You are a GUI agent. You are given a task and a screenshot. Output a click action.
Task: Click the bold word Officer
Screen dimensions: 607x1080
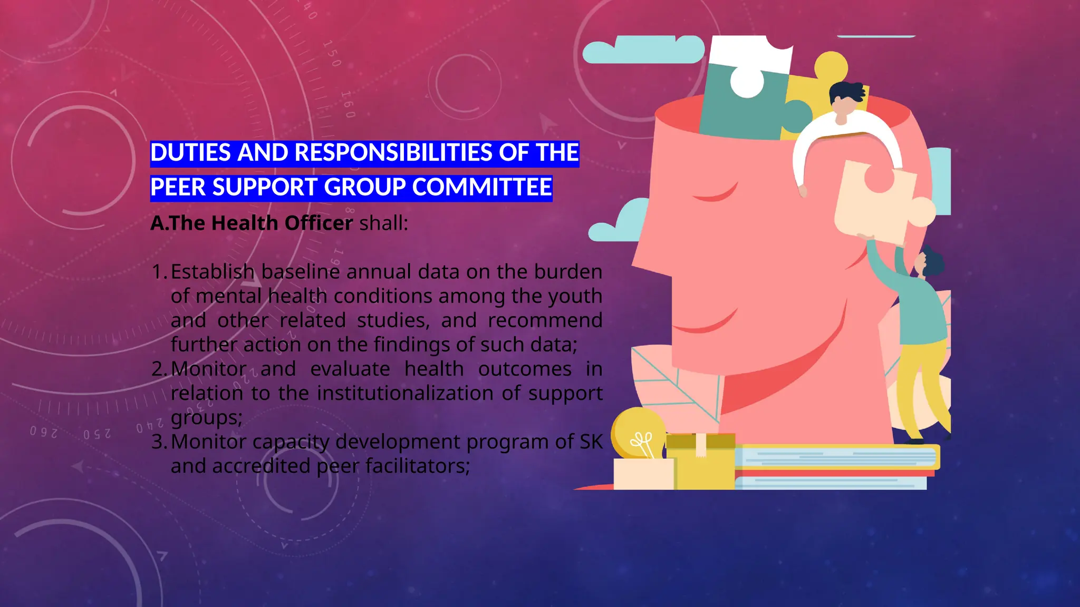319,223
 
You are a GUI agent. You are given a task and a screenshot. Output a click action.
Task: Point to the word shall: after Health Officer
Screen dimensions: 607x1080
383,223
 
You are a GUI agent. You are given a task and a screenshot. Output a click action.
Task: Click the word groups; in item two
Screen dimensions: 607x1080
206,418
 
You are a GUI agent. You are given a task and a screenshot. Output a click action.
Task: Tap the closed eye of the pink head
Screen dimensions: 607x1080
716,195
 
